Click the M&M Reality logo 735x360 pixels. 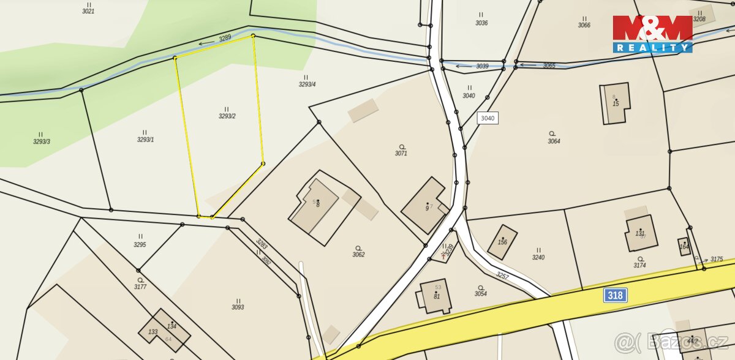(x=652, y=34)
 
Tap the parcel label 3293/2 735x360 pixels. (x=227, y=116)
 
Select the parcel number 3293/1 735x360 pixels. (x=145, y=140)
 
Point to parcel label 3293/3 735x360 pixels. (x=42, y=141)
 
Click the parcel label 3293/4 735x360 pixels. (x=307, y=84)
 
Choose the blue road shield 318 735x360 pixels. (x=616, y=295)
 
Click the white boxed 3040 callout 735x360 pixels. (x=488, y=118)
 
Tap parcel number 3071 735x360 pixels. (x=401, y=153)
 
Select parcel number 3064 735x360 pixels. (x=554, y=141)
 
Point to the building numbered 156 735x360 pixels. (x=503, y=242)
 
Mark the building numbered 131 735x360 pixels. (x=640, y=233)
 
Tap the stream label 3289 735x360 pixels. (x=225, y=38)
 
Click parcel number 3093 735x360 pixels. (x=238, y=307)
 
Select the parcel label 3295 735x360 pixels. (x=140, y=244)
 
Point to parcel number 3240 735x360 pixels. (x=538, y=257)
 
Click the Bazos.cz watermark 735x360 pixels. (x=673, y=340)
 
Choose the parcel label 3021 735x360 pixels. (x=88, y=11)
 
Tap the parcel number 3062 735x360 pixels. (x=358, y=254)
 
